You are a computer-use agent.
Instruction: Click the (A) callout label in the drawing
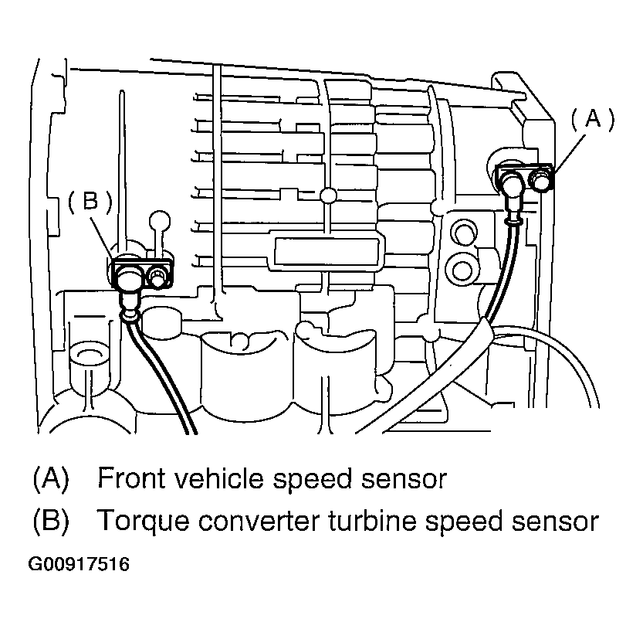(592, 117)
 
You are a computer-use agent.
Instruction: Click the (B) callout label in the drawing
(90, 201)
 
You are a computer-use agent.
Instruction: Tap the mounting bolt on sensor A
(542, 179)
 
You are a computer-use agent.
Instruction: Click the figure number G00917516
(79, 565)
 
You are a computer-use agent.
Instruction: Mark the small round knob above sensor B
(160, 219)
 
